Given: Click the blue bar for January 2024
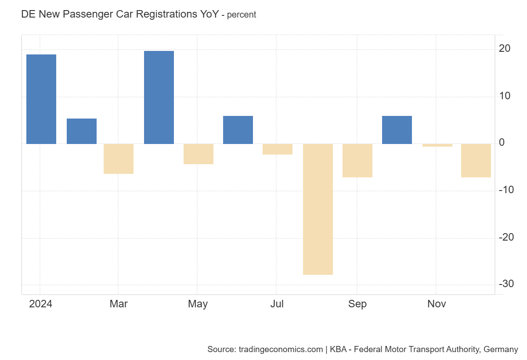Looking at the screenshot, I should click(41, 99).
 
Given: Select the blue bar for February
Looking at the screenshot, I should click(82, 131).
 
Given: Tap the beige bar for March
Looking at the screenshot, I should click(119, 159).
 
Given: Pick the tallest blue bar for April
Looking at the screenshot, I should click(159, 97).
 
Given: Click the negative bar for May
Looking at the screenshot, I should click(199, 154).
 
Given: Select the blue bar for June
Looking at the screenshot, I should click(238, 130).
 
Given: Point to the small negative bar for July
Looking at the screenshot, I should click(278, 149).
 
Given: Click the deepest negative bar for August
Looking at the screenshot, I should click(318, 209).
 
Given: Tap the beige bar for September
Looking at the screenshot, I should click(357, 161).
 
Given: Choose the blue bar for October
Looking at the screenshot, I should click(397, 130).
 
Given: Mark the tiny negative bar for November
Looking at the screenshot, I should click(437, 145).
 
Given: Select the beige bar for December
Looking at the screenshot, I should click(476, 161).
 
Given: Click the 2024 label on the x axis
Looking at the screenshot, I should click(40, 304).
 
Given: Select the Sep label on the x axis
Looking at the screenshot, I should click(357, 304).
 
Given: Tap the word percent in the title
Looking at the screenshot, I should click(242, 15).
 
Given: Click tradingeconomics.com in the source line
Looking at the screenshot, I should click(281, 350).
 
